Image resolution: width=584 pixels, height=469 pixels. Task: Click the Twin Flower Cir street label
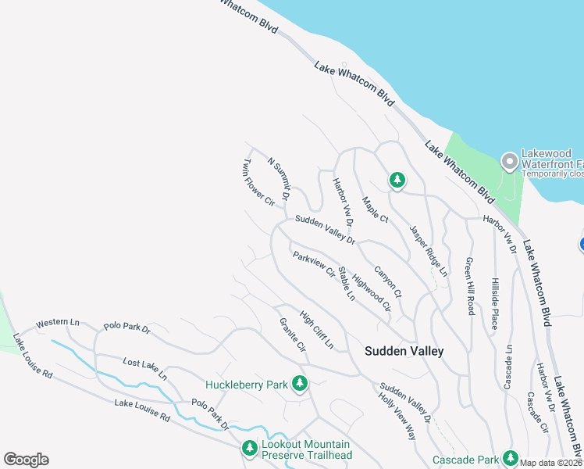[258, 183]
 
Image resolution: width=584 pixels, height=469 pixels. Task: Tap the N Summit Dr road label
[279, 177]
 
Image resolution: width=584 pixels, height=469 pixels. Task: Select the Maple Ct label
[375, 209]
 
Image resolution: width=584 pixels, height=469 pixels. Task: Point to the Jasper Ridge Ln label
[429, 251]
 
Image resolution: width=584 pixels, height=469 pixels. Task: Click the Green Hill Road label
[469, 286]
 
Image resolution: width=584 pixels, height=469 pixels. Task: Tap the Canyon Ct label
[387, 282]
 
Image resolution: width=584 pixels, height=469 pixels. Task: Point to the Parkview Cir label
[313, 264]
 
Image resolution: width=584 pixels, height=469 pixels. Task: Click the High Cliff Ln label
[316, 331]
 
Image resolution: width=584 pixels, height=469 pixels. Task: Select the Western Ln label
[58, 322]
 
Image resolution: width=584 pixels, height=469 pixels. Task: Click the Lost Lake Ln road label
[145, 369]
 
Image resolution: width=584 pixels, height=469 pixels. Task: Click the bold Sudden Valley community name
[404, 352]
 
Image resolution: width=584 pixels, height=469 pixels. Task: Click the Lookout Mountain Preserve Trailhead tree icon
[249, 449]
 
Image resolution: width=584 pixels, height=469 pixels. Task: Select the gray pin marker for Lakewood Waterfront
[510, 162]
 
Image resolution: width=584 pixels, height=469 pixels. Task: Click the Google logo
[26, 460]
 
